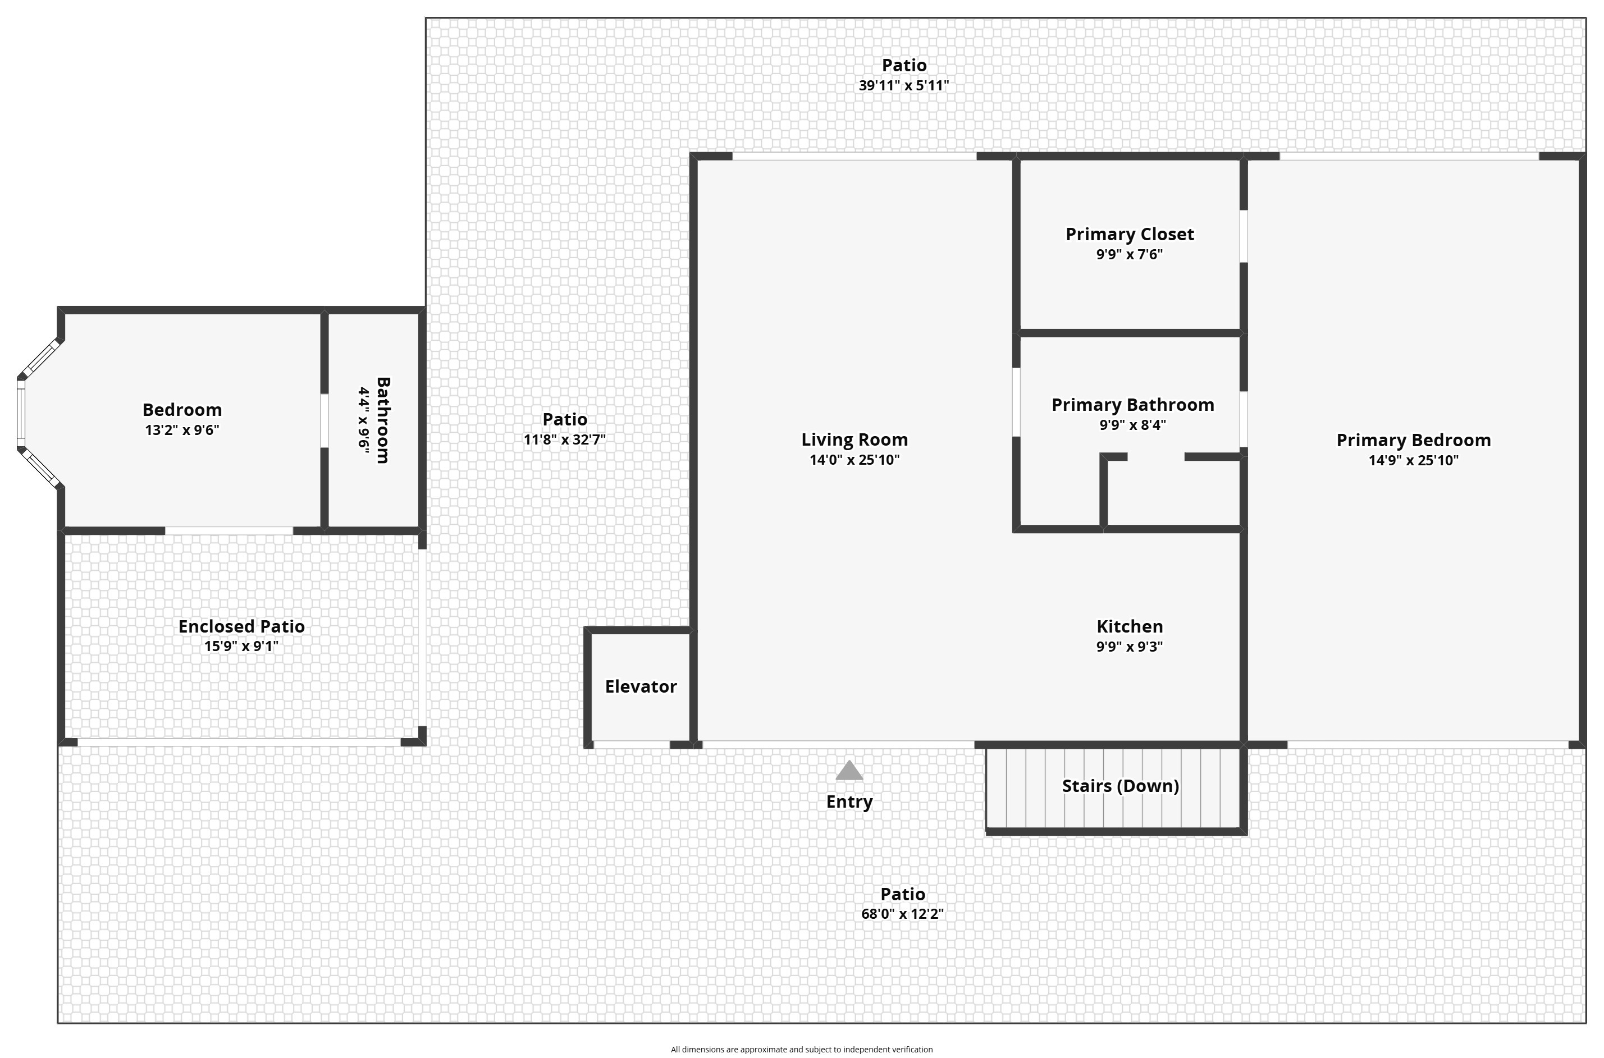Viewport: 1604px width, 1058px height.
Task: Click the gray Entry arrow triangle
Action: pyautogui.click(x=849, y=771)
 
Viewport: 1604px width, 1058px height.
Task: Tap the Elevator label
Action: pyautogui.click(x=641, y=686)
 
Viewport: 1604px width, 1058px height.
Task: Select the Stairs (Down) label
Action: pyautogui.click(x=1120, y=785)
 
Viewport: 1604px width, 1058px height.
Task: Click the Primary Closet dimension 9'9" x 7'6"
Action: pyautogui.click(x=1129, y=254)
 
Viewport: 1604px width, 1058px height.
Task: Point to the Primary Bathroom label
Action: pyautogui.click(x=1132, y=404)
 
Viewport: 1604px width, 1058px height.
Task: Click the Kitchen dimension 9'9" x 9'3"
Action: pyautogui.click(x=1129, y=647)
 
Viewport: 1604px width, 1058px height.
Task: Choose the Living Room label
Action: pyautogui.click(x=854, y=439)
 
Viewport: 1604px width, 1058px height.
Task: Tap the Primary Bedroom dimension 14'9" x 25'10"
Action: pyautogui.click(x=1413, y=460)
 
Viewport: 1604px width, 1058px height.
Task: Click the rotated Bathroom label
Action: pyautogui.click(x=382, y=420)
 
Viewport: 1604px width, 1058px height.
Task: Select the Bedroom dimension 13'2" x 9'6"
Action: pyautogui.click(x=181, y=430)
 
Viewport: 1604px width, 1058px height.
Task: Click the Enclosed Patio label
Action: pyautogui.click(x=241, y=626)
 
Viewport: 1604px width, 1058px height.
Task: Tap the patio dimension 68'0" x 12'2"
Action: pyautogui.click(x=902, y=914)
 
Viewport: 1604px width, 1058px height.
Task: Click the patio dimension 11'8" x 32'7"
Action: pyautogui.click(x=564, y=439)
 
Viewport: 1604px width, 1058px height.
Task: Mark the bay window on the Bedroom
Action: pyautogui.click(x=22, y=413)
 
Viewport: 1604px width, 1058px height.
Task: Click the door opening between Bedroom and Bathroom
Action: pyautogui.click(x=324, y=420)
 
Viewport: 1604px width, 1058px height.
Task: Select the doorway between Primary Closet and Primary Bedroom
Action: pyautogui.click(x=1243, y=236)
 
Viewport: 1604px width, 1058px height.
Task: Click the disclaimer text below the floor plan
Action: pyautogui.click(x=802, y=1049)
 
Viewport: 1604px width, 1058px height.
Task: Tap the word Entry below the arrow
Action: pyautogui.click(x=849, y=801)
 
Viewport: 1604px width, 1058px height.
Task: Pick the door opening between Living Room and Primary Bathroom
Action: pyautogui.click(x=1016, y=402)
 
